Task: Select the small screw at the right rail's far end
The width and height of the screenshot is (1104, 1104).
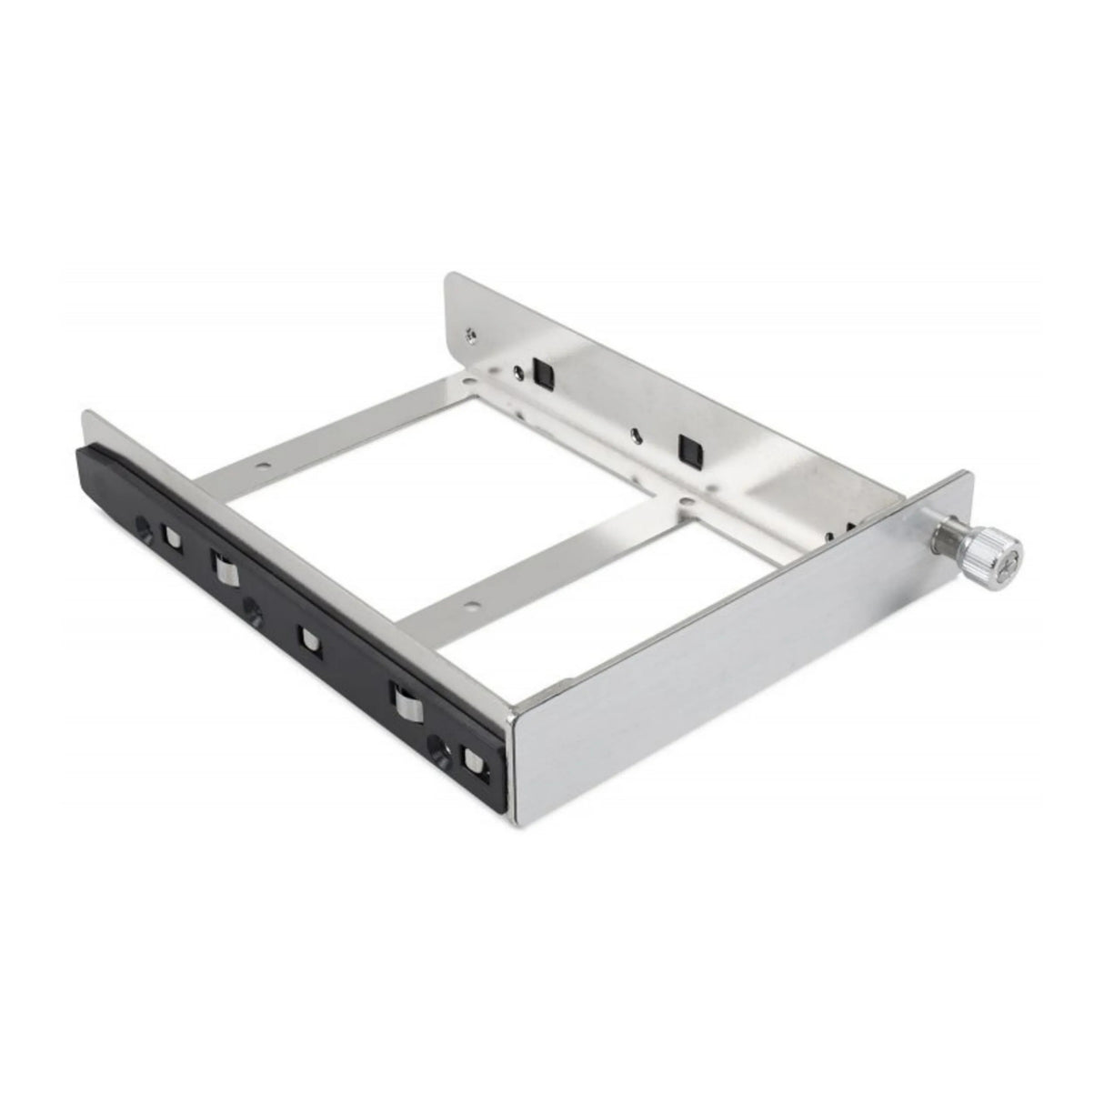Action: tap(468, 334)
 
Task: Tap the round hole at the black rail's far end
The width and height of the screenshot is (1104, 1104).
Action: tap(143, 525)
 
